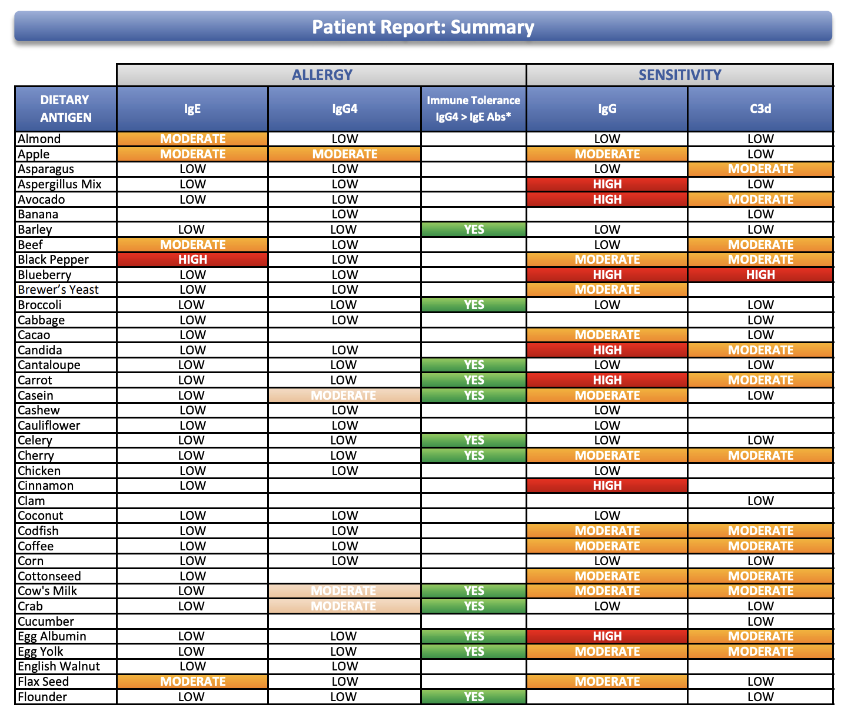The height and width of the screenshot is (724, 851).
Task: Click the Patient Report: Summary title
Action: pyautogui.click(x=423, y=27)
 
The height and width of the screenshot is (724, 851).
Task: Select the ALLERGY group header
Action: pyautogui.click(x=322, y=75)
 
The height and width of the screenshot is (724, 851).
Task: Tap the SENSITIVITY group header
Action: pyautogui.click(x=680, y=75)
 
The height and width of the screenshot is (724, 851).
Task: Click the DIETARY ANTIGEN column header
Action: pyautogui.click(x=65, y=109)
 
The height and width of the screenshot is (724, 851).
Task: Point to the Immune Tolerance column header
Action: pyautogui.click(x=473, y=109)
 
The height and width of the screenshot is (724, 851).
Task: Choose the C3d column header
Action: pyautogui.click(x=760, y=109)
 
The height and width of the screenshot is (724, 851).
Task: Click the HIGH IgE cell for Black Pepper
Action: pyautogui.click(x=192, y=260)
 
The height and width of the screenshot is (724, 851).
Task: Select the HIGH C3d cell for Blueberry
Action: pyautogui.click(x=760, y=275)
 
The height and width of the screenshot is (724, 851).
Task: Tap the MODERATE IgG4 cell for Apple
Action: pyautogui.click(x=345, y=154)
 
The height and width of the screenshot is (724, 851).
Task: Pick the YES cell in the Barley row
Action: pyautogui.click(x=474, y=230)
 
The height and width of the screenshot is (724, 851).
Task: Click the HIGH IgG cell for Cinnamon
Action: pyautogui.click(x=607, y=486)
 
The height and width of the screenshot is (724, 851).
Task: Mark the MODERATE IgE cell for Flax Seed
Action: pyautogui.click(x=192, y=682)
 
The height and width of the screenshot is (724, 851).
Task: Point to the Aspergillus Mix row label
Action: pyautogui.click(x=59, y=184)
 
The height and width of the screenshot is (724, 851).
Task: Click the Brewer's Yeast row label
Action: pyautogui.click(x=58, y=290)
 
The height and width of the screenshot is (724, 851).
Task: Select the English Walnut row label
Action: pyautogui.click(x=59, y=666)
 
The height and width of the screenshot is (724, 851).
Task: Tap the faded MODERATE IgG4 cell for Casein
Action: pyautogui.click(x=344, y=396)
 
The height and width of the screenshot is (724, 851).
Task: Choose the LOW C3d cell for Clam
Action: pyautogui.click(x=760, y=501)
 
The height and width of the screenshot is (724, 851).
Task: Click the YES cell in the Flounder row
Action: pyautogui.click(x=474, y=697)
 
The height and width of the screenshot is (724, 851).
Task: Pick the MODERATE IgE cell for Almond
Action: pyautogui.click(x=192, y=139)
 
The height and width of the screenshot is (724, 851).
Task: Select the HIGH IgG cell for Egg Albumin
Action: pyautogui.click(x=607, y=636)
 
